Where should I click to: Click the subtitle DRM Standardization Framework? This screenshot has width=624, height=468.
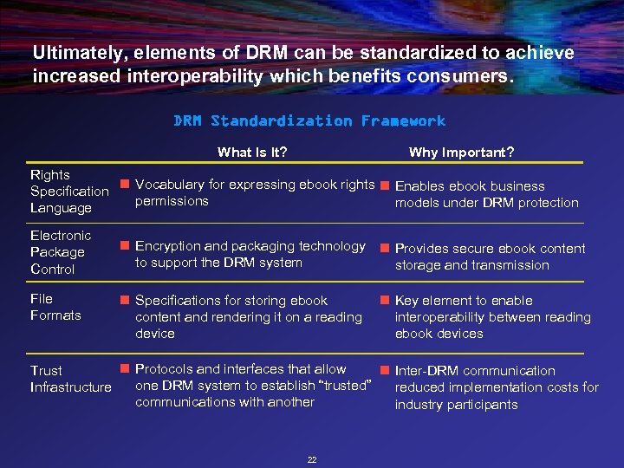[309, 120]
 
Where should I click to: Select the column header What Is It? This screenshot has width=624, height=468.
[252, 153]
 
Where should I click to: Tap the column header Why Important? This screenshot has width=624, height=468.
[461, 153]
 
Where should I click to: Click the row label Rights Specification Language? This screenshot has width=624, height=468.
[68, 192]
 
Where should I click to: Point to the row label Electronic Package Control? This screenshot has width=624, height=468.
[60, 252]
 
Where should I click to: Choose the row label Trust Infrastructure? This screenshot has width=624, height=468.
[70, 379]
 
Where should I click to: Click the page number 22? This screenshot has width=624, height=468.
[312, 459]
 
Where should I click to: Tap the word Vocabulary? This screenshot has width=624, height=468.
[169, 185]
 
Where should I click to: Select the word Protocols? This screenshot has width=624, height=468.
[166, 370]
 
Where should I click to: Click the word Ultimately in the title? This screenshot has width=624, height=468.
[73, 53]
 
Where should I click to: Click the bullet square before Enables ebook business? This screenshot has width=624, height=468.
[386, 185]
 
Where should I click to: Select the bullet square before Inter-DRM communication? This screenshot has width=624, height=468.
[386, 370]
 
